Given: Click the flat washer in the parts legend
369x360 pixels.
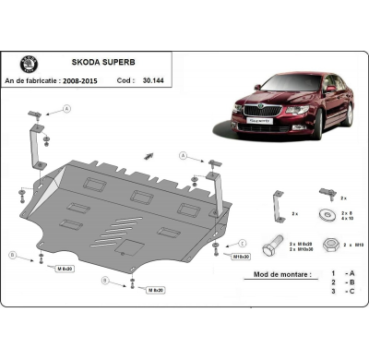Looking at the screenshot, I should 325,216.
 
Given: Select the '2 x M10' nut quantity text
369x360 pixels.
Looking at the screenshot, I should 354,245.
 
